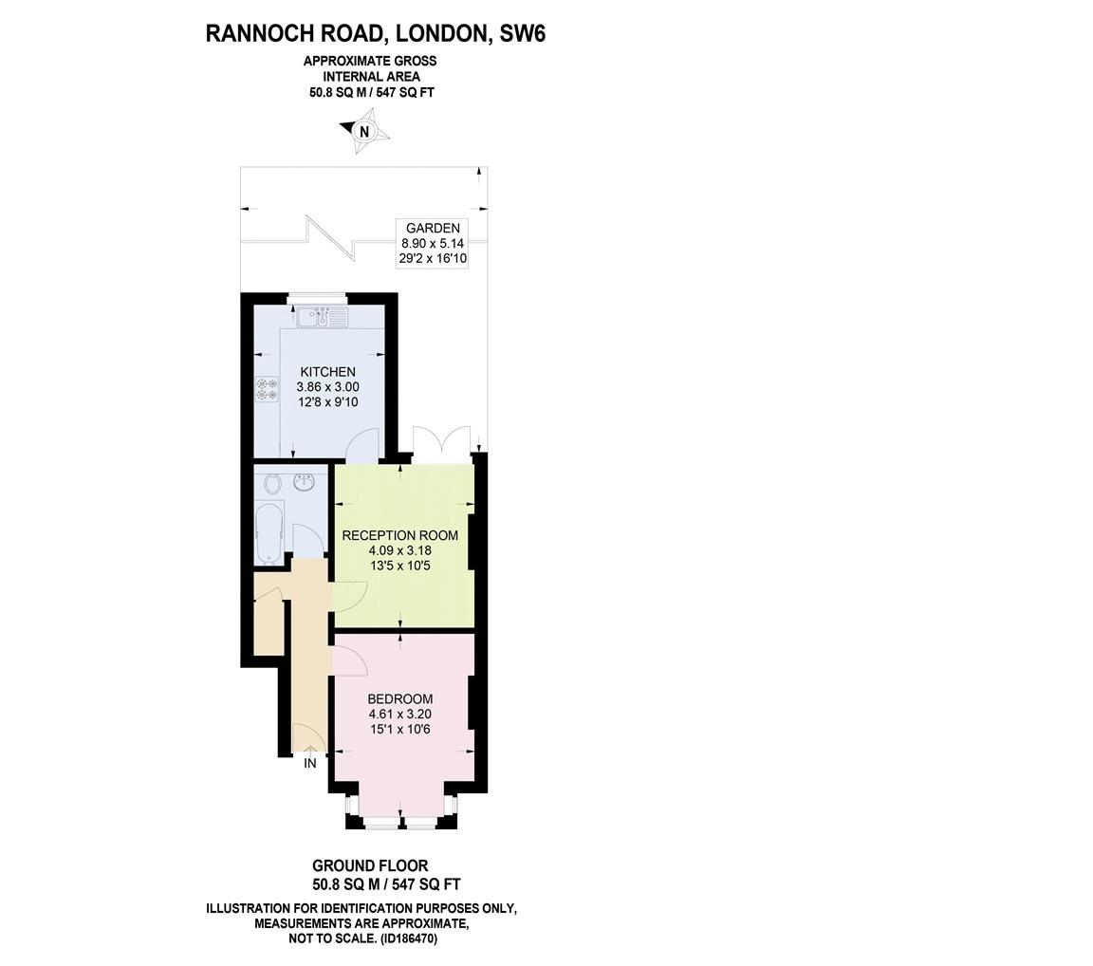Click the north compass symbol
tap(364, 132)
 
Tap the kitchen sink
tap(323, 317)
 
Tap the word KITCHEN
tap(327, 372)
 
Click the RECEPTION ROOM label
tap(399, 535)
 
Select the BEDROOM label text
tap(399, 699)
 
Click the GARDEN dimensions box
tap(432, 243)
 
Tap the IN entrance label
tap(309, 763)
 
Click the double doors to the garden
tap(441, 444)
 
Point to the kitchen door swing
tap(363, 444)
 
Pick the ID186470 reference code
tap(409, 938)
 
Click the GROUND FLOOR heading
tap(370, 865)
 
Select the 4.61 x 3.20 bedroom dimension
tap(399, 715)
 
